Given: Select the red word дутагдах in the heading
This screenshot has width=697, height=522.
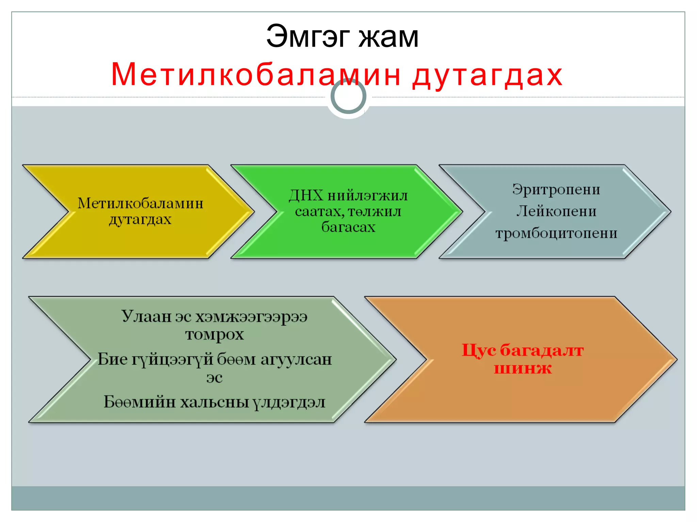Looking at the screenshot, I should click(487, 75).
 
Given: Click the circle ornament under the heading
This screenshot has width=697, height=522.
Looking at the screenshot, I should click(348, 97).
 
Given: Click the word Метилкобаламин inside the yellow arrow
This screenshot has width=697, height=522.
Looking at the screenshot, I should click(140, 203).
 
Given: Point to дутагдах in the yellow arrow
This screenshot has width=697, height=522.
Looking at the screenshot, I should click(140, 220).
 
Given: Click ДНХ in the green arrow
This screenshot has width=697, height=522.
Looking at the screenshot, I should click(306, 195).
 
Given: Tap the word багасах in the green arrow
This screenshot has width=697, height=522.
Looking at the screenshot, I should click(348, 227).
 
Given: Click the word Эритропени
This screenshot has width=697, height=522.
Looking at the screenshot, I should click(556, 189).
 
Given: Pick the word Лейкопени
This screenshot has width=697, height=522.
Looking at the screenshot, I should click(556, 211).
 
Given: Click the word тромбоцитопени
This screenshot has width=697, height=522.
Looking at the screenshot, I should click(556, 233).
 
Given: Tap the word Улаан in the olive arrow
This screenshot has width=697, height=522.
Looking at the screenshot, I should click(146, 316).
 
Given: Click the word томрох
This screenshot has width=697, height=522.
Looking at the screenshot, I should click(214, 335).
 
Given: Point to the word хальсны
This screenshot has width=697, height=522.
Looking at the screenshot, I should click(214, 402).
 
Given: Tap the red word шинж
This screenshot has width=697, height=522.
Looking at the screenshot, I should click(522, 368).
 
